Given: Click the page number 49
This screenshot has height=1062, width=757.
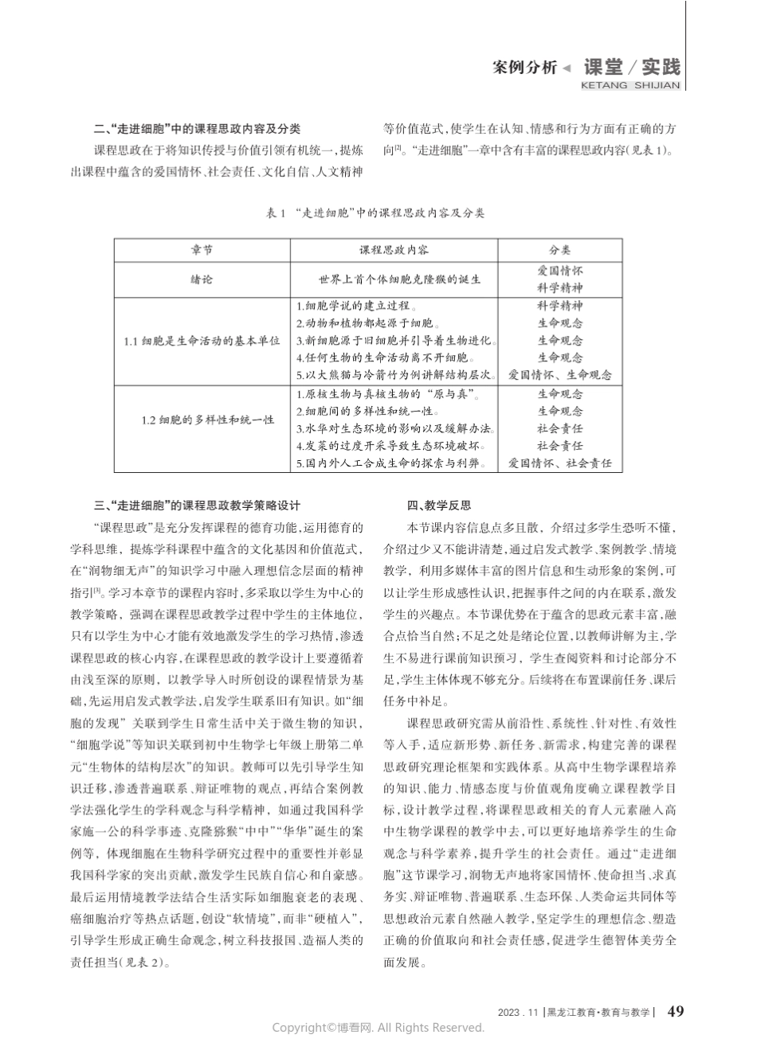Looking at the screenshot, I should (x=674, y=1012).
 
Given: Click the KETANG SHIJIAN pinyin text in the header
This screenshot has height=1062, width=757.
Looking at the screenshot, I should (x=630, y=85).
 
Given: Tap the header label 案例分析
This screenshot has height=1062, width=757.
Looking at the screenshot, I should (x=524, y=68).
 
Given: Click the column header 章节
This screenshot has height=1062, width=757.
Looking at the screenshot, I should (x=202, y=250).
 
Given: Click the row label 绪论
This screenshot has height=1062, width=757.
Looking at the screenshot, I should (x=202, y=279).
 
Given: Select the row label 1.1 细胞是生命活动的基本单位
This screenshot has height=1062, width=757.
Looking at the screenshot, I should (x=202, y=341).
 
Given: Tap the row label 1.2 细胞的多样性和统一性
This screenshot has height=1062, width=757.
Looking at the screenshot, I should (x=202, y=420).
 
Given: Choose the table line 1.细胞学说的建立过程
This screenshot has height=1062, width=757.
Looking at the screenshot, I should (x=356, y=306).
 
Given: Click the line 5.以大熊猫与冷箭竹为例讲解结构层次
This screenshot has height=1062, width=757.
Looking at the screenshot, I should (x=395, y=375).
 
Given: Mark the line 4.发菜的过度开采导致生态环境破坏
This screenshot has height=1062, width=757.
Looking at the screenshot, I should (x=390, y=446).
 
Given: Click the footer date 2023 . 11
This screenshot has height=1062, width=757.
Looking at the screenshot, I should (x=518, y=1013).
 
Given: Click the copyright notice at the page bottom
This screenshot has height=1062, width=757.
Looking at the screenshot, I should (x=378, y=1028).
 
